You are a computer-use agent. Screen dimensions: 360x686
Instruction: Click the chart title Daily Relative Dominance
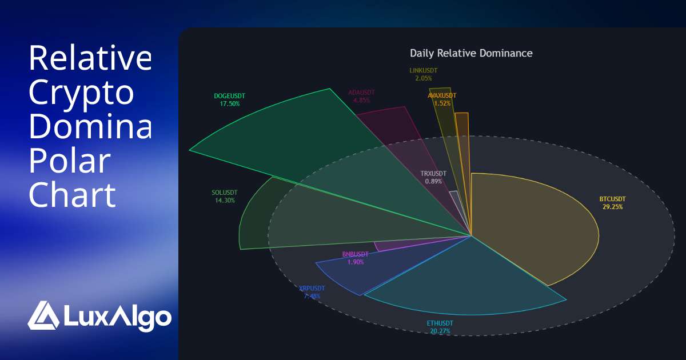[471, 53]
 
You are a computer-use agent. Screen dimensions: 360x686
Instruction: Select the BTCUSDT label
[612, 199]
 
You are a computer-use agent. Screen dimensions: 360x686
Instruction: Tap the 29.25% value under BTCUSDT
[612, 207]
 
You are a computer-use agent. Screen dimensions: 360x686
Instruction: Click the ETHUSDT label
[440, 323]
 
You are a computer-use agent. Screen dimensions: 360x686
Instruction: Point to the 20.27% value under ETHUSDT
[440, 331]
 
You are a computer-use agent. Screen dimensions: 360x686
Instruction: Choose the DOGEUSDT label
[229, 96]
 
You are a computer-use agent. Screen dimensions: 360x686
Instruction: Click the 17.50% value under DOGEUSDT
[229, 104]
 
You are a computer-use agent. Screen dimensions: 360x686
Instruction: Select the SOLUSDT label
[224, 193]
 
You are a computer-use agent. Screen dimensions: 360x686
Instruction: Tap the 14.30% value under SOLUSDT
[224, 201]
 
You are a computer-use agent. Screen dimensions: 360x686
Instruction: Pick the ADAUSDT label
[361, 92]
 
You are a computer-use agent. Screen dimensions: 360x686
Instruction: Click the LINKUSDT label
[424, 71]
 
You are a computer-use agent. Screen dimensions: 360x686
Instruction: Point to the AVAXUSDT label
[442, 96]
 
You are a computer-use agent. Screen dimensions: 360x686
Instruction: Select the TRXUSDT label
[433, 174]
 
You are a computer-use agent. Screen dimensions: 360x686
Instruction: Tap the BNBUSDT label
[355, 254]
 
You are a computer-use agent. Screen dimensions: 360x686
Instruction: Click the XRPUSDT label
[312, 289]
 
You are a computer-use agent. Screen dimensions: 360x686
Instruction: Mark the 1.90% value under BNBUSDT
[355, 262]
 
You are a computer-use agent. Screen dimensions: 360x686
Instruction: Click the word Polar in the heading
[69, 162]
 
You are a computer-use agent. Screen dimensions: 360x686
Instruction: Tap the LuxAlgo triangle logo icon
[43, 315]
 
